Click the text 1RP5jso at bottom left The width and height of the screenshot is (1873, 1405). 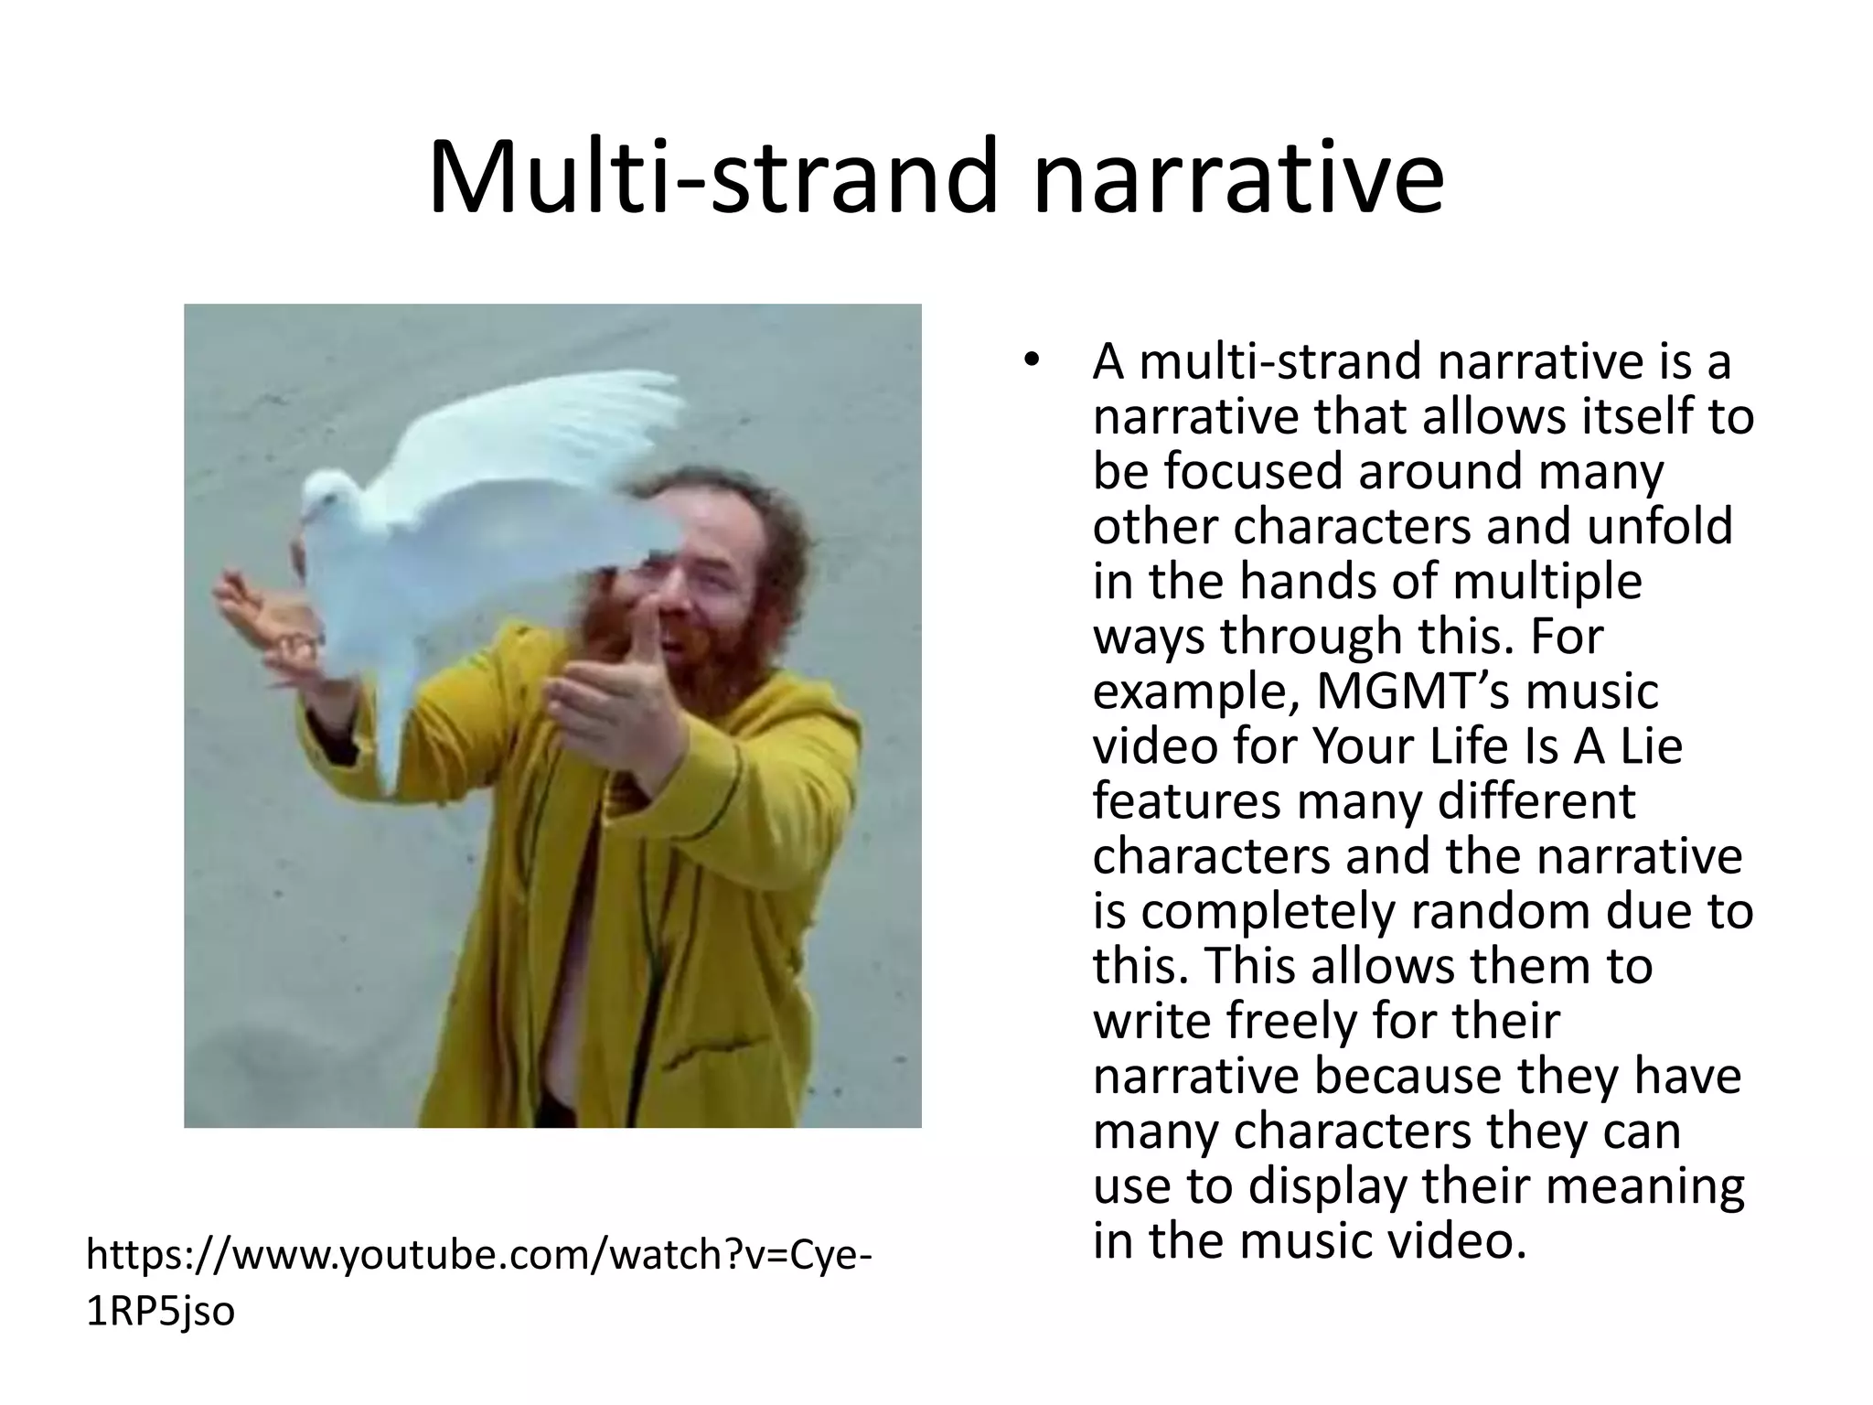160,1311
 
